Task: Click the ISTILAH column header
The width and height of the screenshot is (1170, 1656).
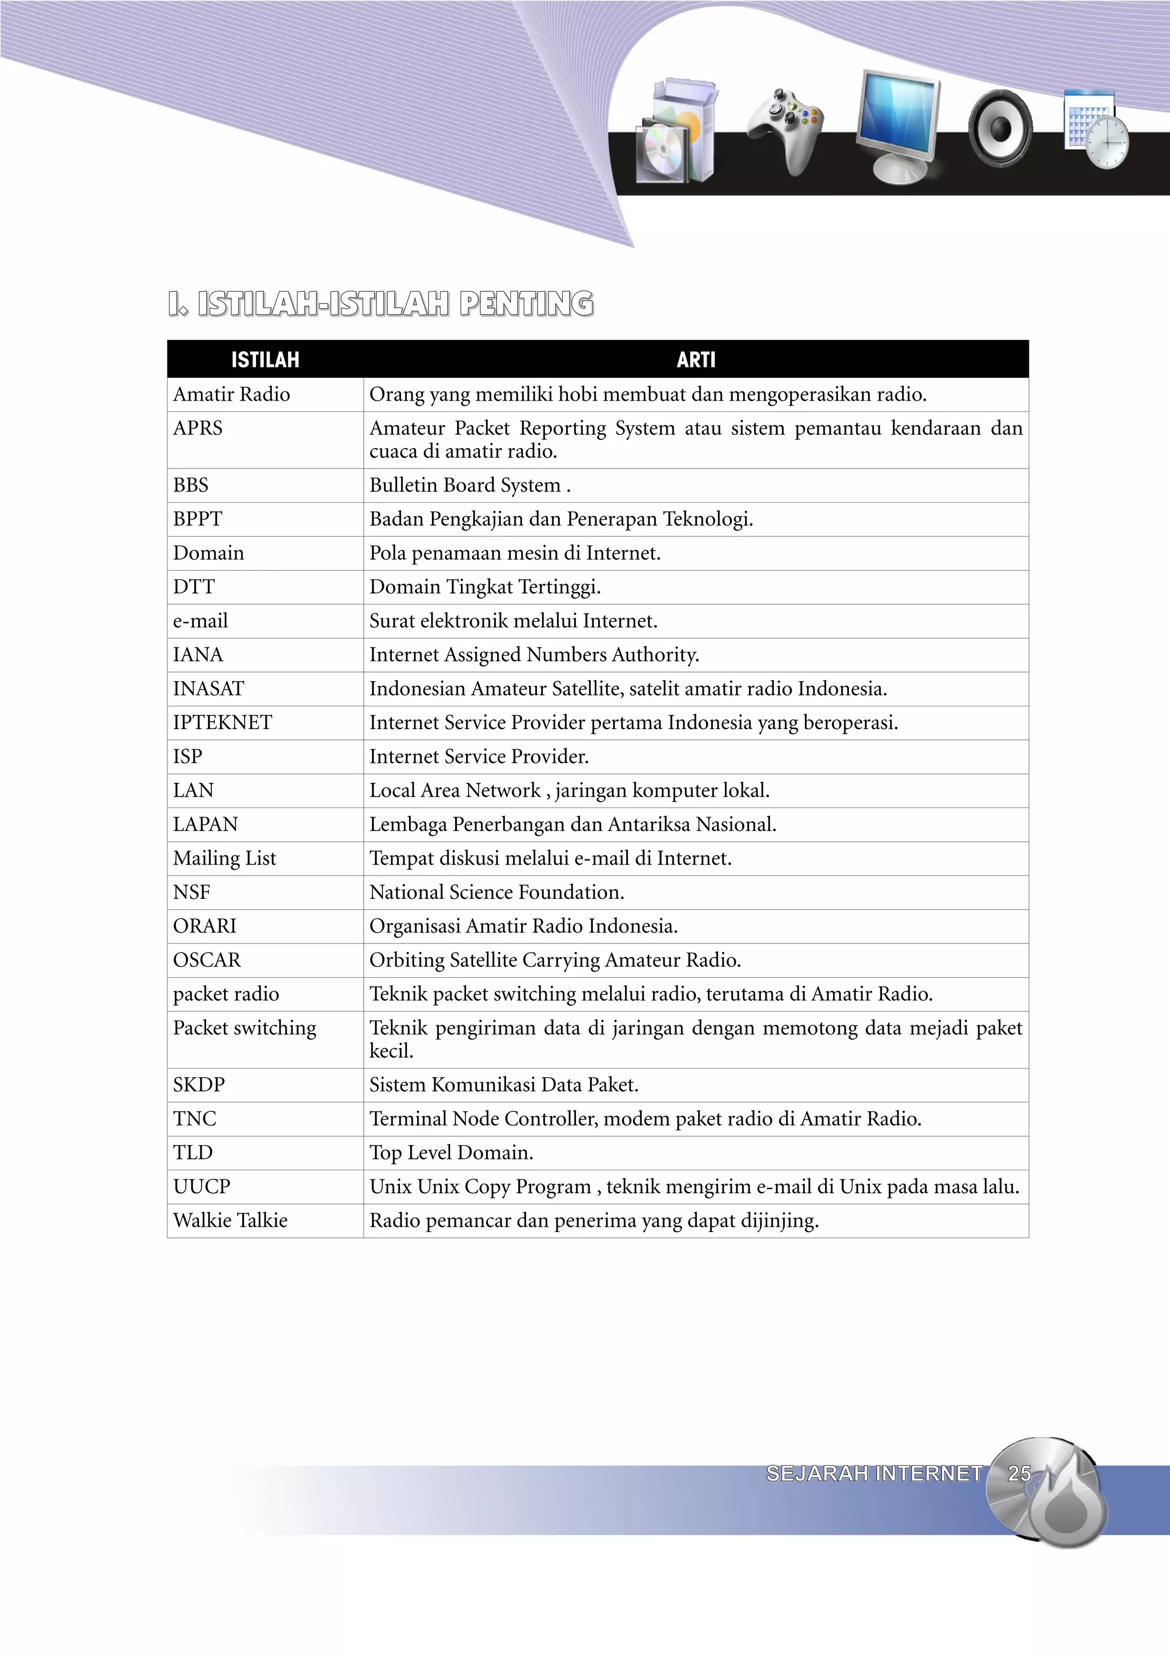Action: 265,359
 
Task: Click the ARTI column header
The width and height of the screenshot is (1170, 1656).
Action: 696,359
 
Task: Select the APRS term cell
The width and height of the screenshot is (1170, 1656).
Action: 198,429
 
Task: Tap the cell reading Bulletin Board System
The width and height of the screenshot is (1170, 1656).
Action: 469,485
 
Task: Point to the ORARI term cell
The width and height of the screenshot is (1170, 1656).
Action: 205,926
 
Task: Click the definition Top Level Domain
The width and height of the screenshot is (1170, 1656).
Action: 451,1153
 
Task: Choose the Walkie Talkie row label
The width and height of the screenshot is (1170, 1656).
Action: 231,1221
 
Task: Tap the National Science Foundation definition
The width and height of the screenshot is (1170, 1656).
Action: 496,892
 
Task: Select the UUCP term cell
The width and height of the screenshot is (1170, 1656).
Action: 202,1186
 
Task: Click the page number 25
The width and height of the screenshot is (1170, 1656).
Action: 1019,1473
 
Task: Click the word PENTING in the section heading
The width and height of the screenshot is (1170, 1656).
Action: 526,303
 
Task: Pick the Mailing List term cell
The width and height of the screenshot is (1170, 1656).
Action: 224,858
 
